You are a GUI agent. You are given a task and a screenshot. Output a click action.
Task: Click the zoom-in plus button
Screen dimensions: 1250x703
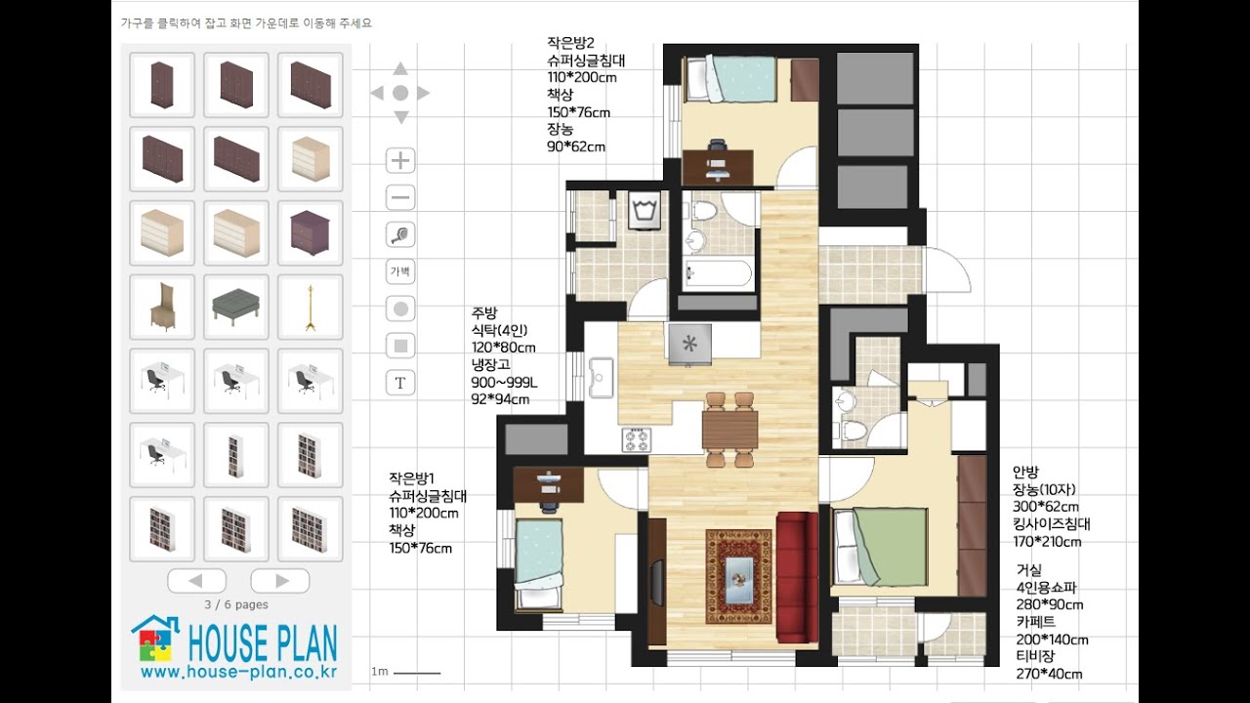tap(400, 161)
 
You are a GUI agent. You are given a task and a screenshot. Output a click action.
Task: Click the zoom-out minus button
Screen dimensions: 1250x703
tap(400, 197)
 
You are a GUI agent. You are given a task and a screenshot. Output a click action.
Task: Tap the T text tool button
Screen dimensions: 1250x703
tap(400, 383)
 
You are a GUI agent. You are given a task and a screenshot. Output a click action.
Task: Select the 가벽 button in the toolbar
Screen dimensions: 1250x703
tap(400, 271)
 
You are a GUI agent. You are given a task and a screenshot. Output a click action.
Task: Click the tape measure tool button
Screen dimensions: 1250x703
tap(400, 234)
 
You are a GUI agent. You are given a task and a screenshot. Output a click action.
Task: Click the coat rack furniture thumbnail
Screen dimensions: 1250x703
tap(311, 307)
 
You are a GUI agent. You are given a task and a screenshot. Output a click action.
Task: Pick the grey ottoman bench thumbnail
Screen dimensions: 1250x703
tap(236, 307)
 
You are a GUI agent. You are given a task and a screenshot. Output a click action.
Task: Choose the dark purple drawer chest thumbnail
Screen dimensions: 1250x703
tap(311, 232)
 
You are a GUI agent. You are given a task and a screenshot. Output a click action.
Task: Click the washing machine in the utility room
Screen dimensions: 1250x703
tap(645, 210)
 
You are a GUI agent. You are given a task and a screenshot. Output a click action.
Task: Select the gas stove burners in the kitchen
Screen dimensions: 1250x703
tap(637, 439)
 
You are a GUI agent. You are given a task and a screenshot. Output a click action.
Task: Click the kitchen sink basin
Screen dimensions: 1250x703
tap(601, 378)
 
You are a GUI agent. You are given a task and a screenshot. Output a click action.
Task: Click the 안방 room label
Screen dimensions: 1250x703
tap(1025, 472)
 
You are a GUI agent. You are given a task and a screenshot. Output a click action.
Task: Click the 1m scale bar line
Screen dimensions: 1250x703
tap(417, 673)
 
